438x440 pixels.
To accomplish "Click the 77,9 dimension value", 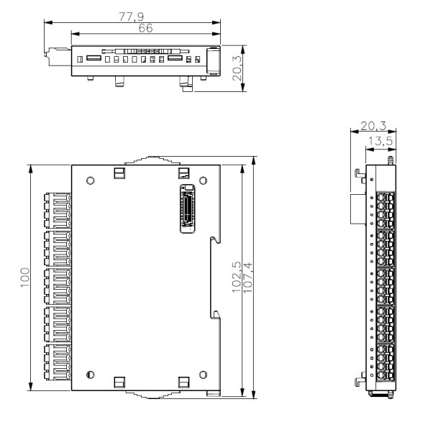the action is pyautogui.click(x=131, y=17).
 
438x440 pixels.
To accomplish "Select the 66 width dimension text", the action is pyautogui.click(x=146, y=28).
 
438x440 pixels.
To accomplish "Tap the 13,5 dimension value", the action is pyautogui.click(x=380, y=141).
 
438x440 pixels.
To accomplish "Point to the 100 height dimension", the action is pyautogui.click(x=24, y=278).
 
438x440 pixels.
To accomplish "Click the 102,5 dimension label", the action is pyautogui.click(x=237, y=277).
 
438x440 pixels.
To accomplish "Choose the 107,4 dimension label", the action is pyautogui.click(x=248, y=278).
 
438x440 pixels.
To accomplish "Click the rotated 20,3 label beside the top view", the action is pyautogui.click(x=237, y=68).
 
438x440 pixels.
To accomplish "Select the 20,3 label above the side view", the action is pyautogui.click(x=373, y=126).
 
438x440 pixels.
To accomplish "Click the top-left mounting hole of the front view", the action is pyautogui.click(x=90, y=180).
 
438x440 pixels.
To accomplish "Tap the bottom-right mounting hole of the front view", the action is pyautogui.click(x=203, y=375).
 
